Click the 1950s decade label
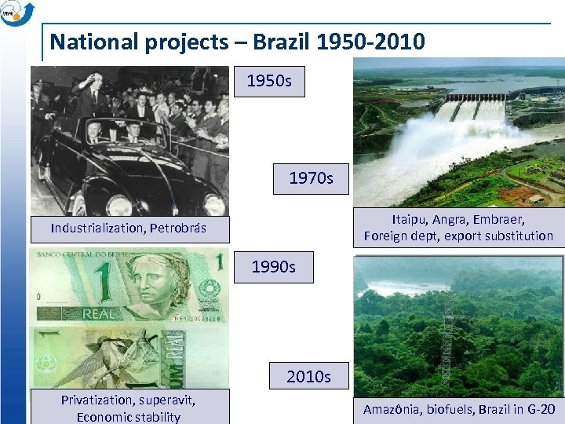tap(269, 81)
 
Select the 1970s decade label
tap(311, 178)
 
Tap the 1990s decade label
tap(273, 267)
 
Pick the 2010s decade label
tap(308, 377)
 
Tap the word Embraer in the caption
tap(498, 219)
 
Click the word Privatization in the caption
tap(96, 400)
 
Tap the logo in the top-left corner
tap(16, 13)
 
